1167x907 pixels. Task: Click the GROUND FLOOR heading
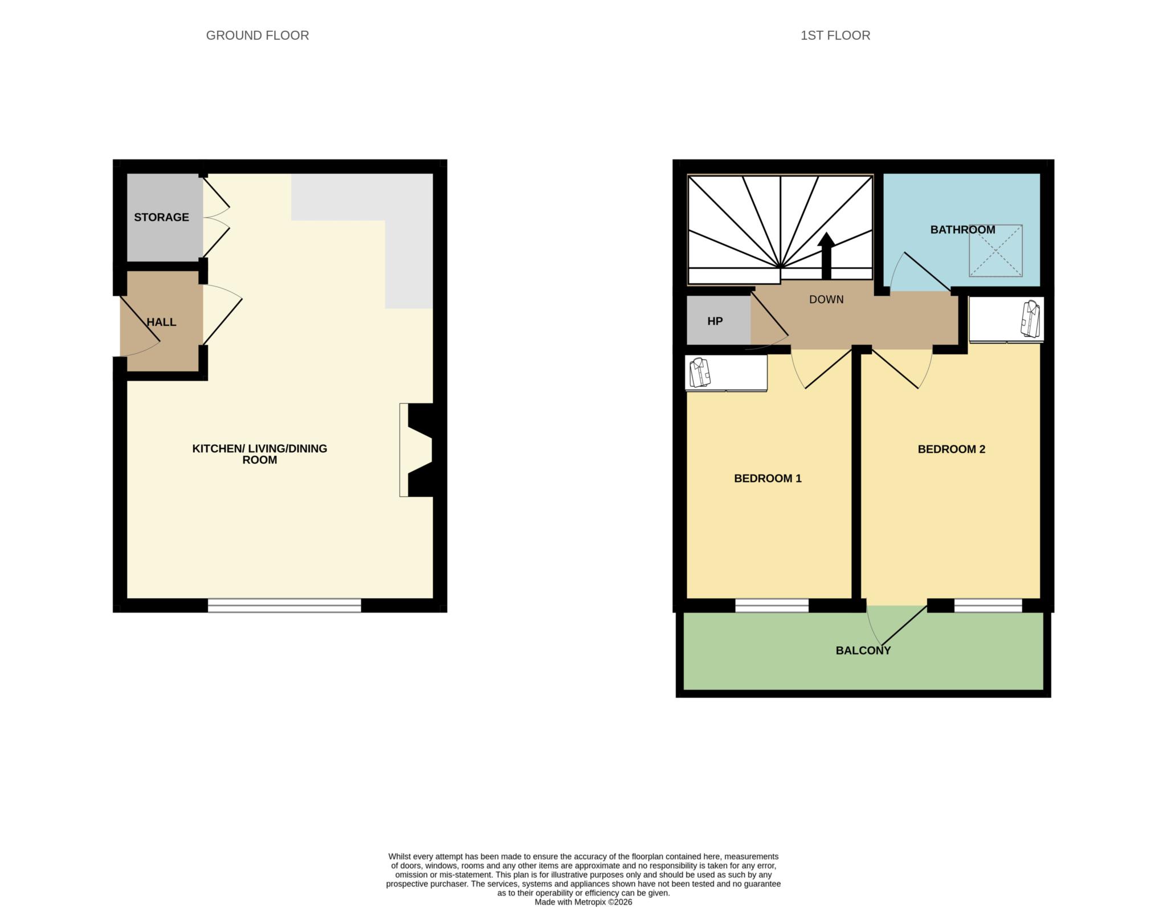257,35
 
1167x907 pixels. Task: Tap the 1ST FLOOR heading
835,35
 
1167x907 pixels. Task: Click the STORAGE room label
161,217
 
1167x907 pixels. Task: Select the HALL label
161,322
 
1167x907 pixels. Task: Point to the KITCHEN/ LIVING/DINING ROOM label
259,454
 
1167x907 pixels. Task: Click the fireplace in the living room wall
419,450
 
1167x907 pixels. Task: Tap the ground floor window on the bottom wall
284,605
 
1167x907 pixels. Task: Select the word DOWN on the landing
826,299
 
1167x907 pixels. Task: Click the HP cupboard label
715,321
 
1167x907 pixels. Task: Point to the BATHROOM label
962,230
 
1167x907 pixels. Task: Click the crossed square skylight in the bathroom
995,251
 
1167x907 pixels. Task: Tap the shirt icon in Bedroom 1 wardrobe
700,373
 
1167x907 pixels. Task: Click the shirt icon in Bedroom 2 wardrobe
1030,319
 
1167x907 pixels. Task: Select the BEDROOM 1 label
768,479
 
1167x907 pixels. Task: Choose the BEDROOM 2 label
951,449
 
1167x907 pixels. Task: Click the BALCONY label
863,651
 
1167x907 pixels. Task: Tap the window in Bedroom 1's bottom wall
772,605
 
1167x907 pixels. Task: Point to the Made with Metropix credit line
583,902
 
